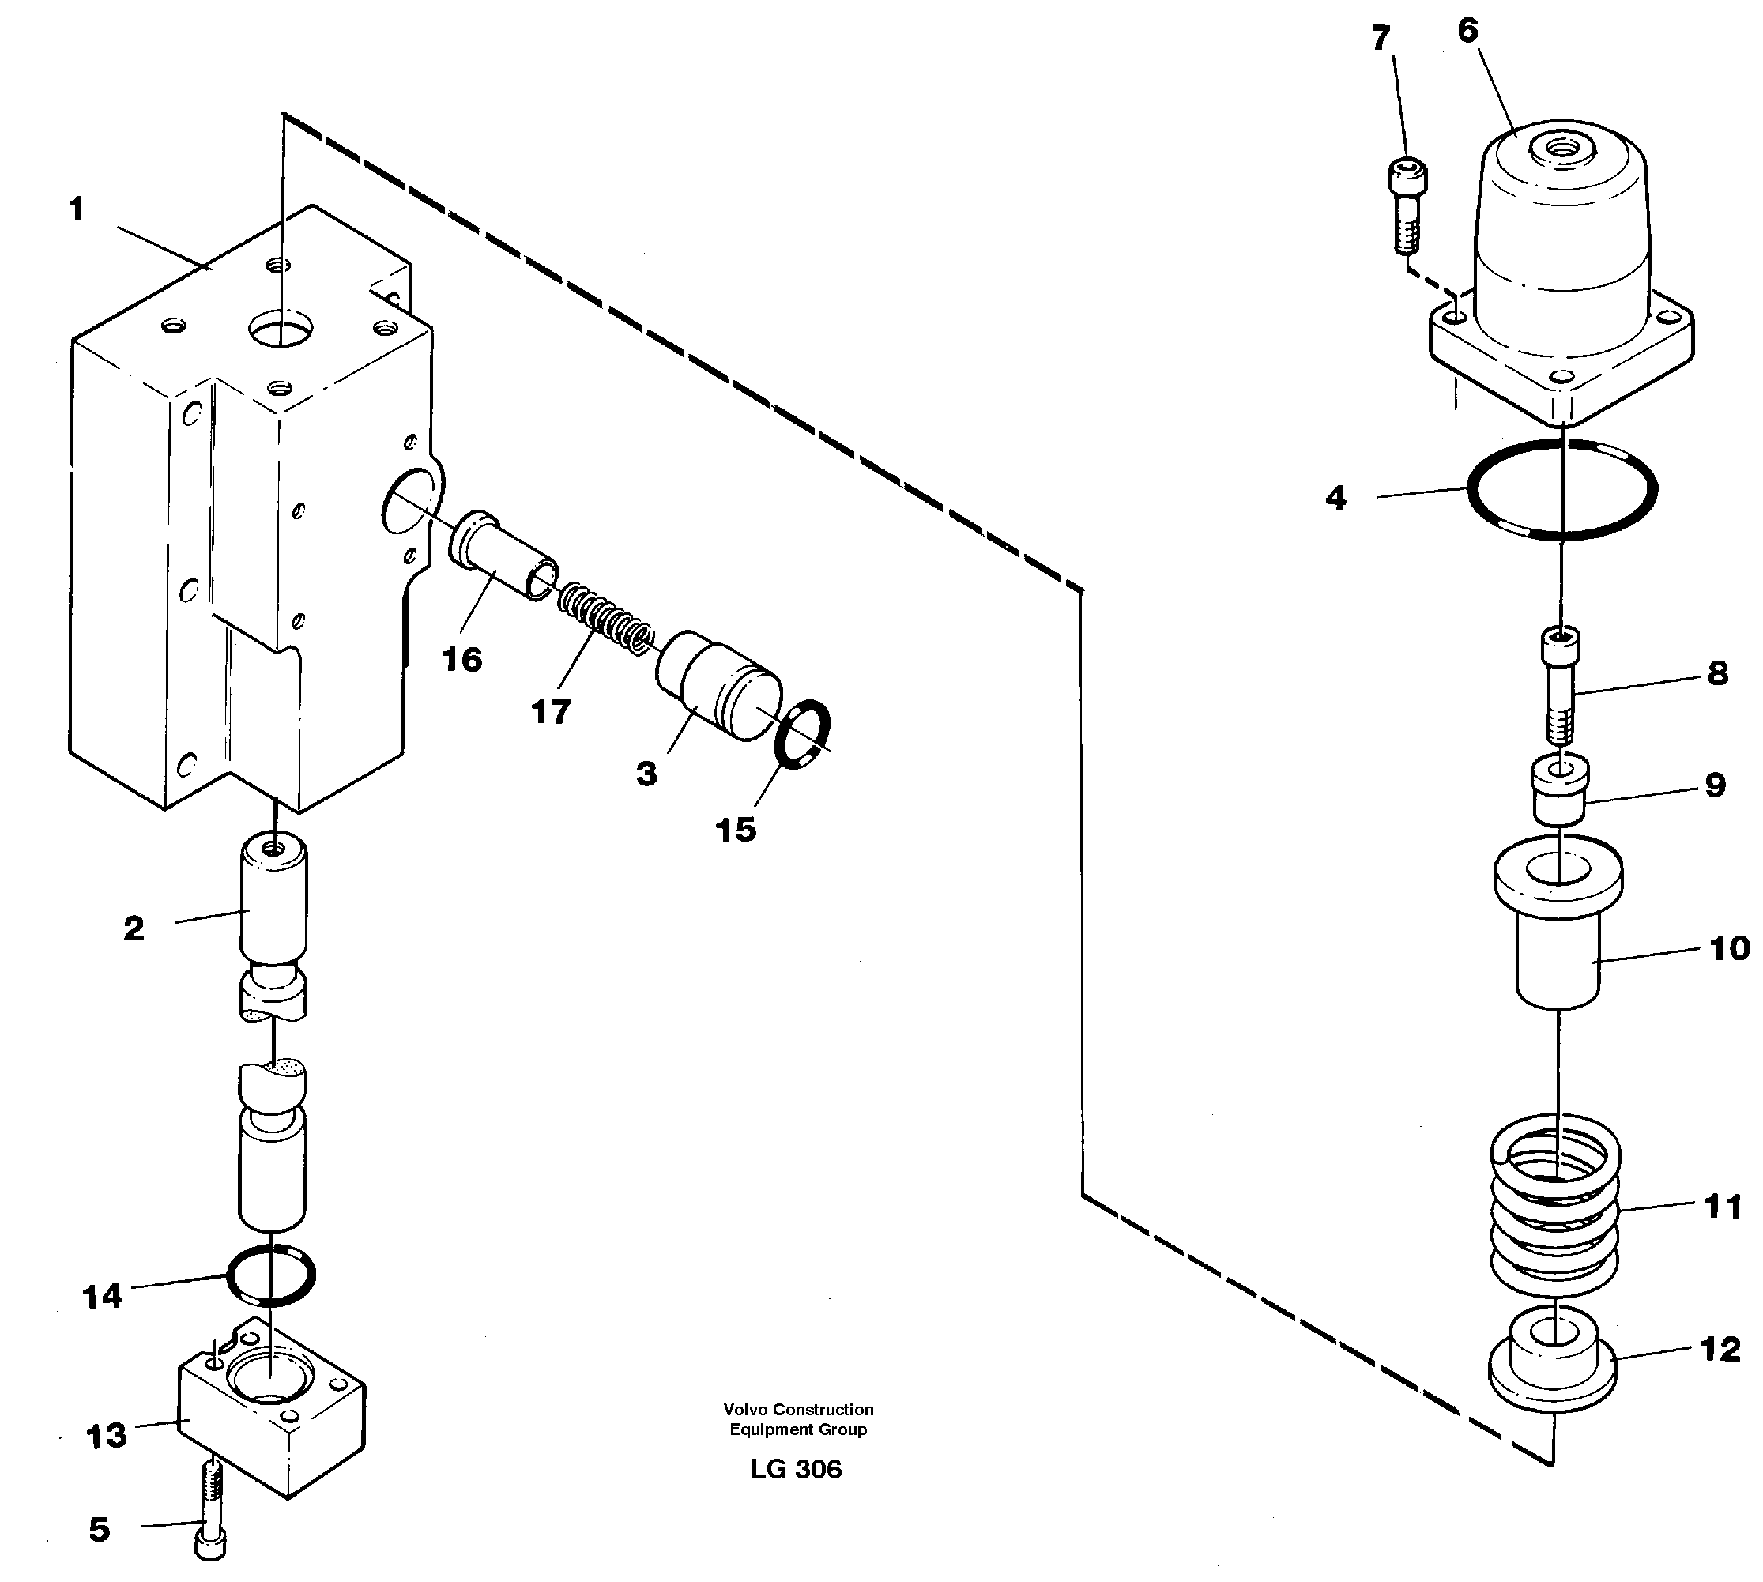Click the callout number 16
pyautogui.click(x=461, y=660)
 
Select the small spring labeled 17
pyautogui.click(x=605, y=617)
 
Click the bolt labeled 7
pyautogui.click(x=1406, y=206)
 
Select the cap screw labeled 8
pyautogui.click(x=1561, y=687)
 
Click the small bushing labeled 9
pyautogui.click(x=1561, y=790)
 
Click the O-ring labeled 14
pyautogui.click(x=270, y=1275)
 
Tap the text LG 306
pyautogui.click(x=796, y=1469)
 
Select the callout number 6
pyautogui.click(x=1467, y=32)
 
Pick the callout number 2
pyautogui.click(x=133, y=929)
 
